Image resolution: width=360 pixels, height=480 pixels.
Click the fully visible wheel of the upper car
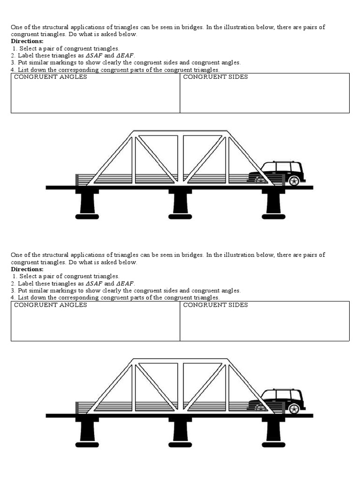pyautogui.click(x=294, y=180)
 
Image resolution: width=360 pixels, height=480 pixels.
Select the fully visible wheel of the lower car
pyautogui.click(x=294, y=409)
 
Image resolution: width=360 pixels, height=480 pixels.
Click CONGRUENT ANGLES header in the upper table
pyautogui.click(x=51, y=77)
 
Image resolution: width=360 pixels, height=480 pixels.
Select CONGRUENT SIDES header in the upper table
pyautogui.click(x=216, y=77)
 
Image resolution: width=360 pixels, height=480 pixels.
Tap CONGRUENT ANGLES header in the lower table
pyautogui.click(x=51, y=305)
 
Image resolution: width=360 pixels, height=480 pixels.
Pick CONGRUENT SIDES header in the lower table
pyautogui.click(x=216, y=305)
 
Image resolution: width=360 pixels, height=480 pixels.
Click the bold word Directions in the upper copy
pyautogui.click(x=27, y=41)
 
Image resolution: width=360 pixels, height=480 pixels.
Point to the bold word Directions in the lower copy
pyautogui.click(x=27, y=270)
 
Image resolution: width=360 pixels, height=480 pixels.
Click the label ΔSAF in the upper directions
pyautogui.click(x=94, y=55)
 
